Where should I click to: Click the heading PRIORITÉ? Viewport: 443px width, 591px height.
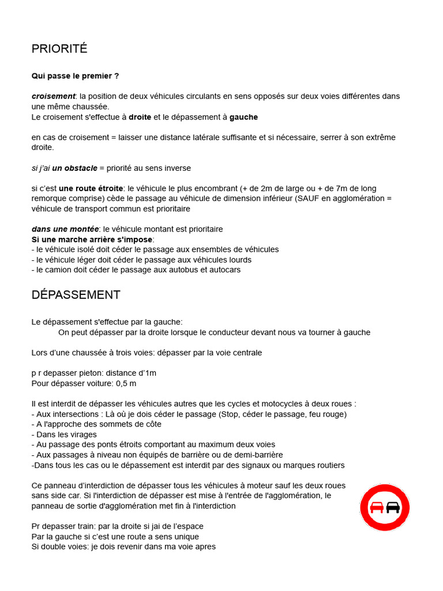click(59, 49)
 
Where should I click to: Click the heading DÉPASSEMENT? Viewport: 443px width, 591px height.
click(76, 295)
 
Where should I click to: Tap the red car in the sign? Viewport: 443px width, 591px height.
click(377, 507)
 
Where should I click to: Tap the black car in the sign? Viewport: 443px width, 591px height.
click(393, 507)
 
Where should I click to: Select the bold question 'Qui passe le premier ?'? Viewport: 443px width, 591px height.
click(76, 76)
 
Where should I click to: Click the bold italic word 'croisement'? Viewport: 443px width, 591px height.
click(53, 96)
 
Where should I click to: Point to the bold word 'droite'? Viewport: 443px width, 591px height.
click(140, 117)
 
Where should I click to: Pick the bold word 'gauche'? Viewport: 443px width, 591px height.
click(243, 117)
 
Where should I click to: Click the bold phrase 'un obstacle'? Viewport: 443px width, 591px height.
click(74, 168)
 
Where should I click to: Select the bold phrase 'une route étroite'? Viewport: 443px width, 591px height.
click(91, 188)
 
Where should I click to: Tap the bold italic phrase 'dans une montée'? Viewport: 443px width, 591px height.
click(65, 229)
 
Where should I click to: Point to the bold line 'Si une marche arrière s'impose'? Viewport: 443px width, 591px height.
click(92, 240)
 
